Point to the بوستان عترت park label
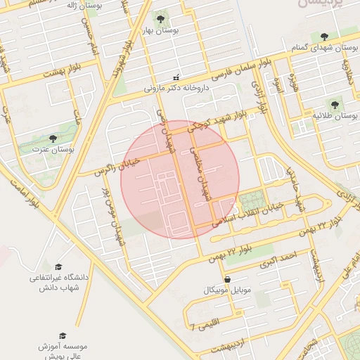(53, 150)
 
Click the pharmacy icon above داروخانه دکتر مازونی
(176, 77)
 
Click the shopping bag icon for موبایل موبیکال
(226, 279)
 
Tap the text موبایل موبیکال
(226, 290)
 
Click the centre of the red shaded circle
(180, 179)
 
